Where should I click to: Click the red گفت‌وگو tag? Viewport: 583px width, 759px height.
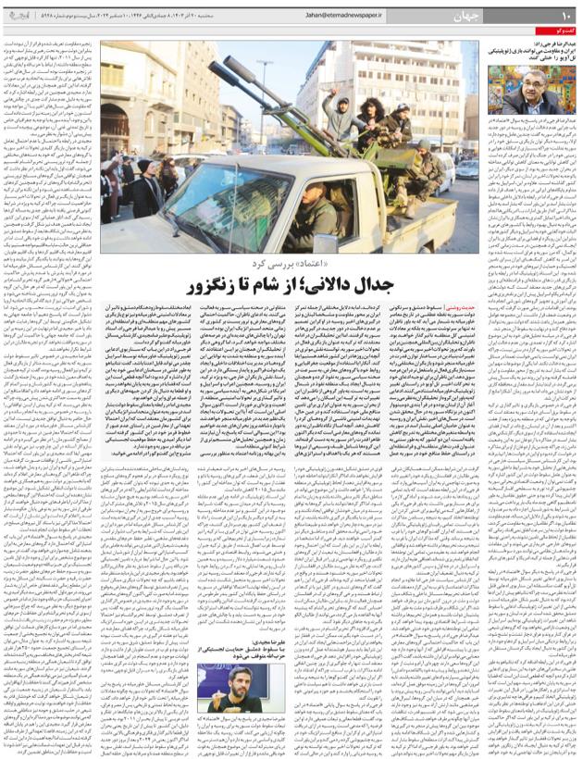tap(560, 33)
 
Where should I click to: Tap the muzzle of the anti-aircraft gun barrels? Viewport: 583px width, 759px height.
tap(215, 69)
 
